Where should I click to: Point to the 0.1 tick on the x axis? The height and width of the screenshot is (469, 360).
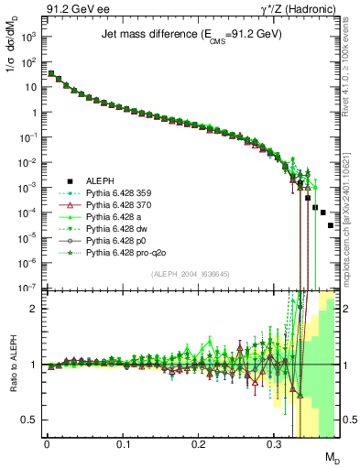pyautogui.click(x=123, y=444)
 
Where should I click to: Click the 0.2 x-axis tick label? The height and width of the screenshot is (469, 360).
pyautogui.click(x=199, y=444)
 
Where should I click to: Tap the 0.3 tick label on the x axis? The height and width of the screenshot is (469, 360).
pyautogui.click(x=275, y=444)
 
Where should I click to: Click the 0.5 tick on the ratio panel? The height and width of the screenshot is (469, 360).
pyautogui.click(x=29, y=420)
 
